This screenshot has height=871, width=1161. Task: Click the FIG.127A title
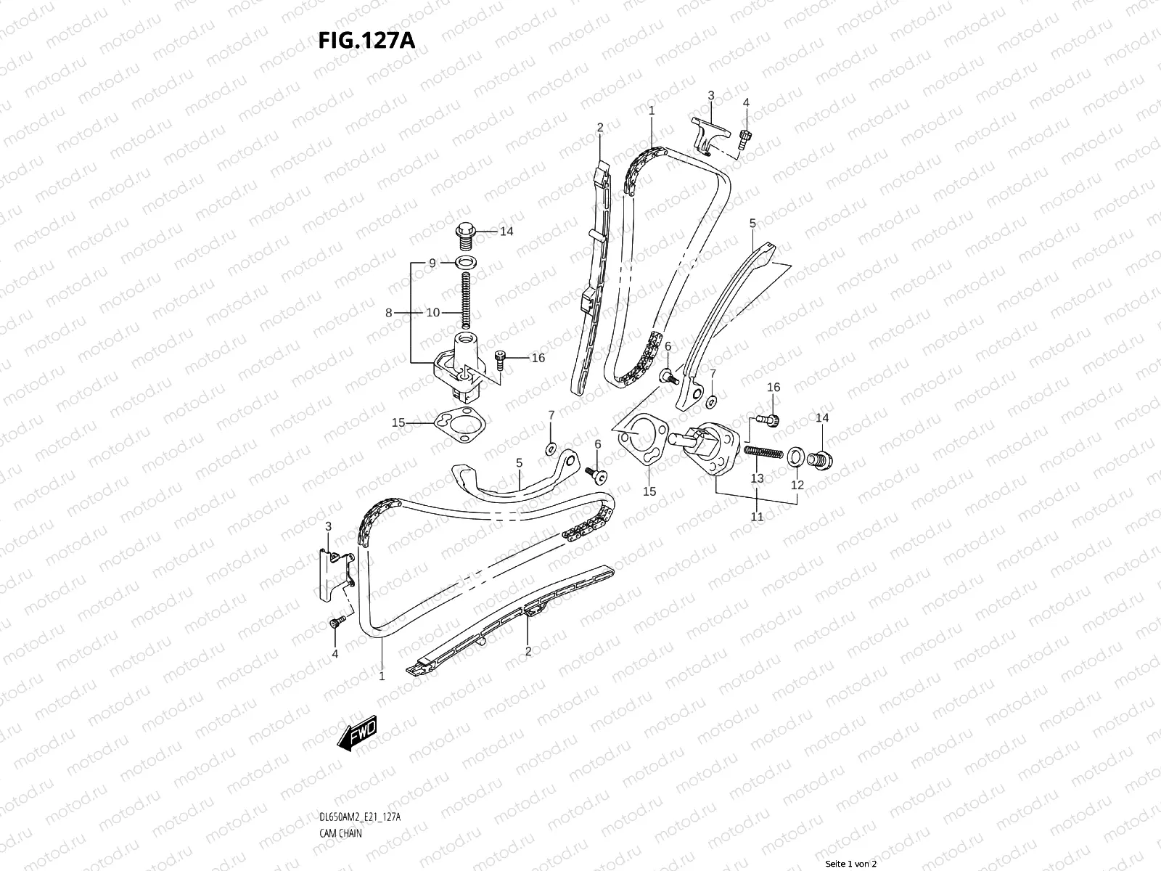click(366, 41)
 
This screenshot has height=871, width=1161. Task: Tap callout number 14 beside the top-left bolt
click(506, 232)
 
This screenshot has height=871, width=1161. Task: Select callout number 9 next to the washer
click(432, 263)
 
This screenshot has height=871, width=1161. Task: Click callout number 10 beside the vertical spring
click(432, 313)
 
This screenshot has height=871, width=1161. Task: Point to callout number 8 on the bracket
click(390, 313)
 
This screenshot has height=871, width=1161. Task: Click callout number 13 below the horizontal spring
click(757, 478)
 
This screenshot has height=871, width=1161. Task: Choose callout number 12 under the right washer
click(797, 485)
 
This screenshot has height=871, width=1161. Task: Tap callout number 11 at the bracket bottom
click(757, 517)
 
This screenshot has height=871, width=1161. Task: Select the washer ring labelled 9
click(465, 262)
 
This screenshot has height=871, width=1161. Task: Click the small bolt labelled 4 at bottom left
click(335, 623)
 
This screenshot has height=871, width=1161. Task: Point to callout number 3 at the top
click(710, 95)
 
